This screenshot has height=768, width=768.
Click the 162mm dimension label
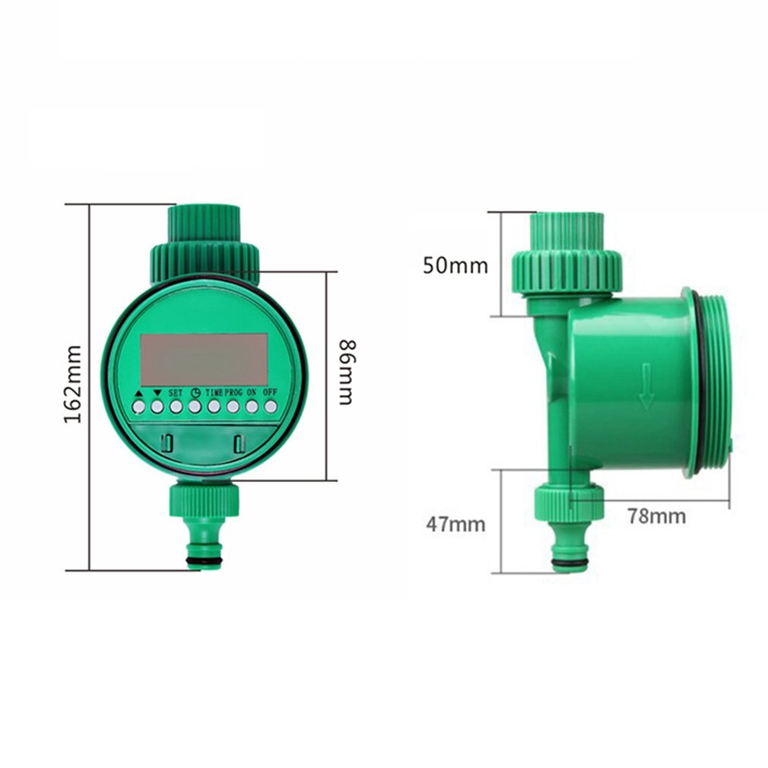point(73,385)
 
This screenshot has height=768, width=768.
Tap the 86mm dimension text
point(347,373)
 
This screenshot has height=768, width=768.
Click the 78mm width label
point(656,516)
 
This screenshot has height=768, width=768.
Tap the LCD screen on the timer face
point(204,359)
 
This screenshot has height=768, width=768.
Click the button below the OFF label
point(270,407)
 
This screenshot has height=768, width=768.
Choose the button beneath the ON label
point(251,407)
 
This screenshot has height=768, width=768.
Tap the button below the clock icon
point(195,407)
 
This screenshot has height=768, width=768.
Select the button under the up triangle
point(138,407)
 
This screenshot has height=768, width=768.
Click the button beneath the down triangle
point(157,407)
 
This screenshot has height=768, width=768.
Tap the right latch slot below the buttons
point(240,442)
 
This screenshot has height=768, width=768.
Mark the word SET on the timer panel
point(176,392)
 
